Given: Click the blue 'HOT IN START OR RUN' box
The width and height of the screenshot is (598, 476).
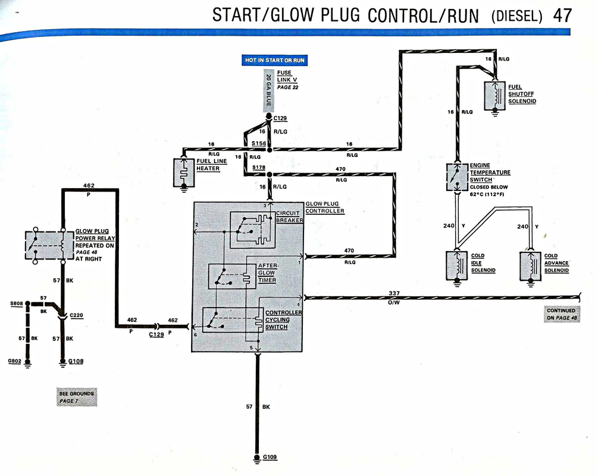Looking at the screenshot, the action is click(x=274, y=60).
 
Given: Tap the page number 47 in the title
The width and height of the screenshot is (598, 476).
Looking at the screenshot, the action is click(x=562, y=15).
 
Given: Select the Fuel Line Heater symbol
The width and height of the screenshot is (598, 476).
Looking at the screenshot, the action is click(x=184, y=173).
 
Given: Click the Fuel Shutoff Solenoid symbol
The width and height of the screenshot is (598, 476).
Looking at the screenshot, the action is click(x=494, y=96).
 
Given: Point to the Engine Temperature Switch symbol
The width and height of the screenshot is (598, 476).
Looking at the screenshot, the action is click(x=457, y=177).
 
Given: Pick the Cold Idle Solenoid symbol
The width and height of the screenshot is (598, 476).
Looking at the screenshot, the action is click(x=457, y=265).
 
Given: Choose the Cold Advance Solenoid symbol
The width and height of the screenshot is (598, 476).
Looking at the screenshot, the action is click(x=531, y=265).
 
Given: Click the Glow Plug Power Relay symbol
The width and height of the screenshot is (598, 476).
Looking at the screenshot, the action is click(x=49, y=245).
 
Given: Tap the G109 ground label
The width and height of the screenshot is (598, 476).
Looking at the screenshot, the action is click(x=270, y=457).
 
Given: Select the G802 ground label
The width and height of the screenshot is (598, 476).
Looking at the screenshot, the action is click(x=14, y=361).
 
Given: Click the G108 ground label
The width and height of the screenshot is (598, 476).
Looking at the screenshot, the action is click(x=76, y=361).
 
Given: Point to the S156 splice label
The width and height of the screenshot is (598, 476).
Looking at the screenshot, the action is click(x=259, y=143).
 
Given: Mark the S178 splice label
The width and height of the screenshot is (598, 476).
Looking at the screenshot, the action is click(x=259, y=167).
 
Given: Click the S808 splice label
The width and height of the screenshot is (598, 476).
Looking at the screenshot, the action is click(x=17, y=303).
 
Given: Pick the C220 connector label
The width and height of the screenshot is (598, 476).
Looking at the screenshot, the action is click(x=76, y=315).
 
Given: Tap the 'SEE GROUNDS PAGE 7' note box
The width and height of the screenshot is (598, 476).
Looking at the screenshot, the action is click(x=77, y=397).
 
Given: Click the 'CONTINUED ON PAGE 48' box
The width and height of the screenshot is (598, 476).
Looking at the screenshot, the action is click(x=562, y=314).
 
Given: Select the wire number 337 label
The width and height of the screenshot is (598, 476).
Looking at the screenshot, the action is click(x=394, y=293).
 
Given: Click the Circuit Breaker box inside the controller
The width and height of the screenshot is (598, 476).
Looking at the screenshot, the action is click(x=252, y=230).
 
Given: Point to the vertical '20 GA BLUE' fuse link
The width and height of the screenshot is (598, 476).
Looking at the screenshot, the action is click(x=268, y=90).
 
